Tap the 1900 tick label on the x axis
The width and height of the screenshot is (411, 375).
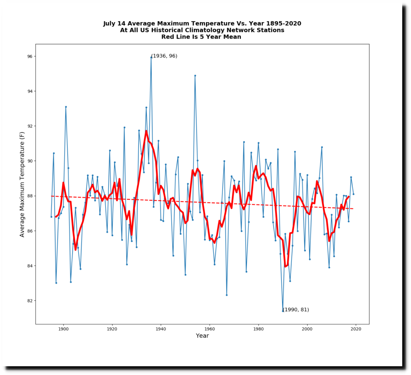tap(63, 329)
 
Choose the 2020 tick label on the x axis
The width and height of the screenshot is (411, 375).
tap(356, 329)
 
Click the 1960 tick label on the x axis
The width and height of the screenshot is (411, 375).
tap(210, 329)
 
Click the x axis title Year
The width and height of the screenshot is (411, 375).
tap(202, 336)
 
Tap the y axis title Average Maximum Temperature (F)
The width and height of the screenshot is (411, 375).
tap(22, 184)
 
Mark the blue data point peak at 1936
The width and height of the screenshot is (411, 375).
tap(151, 57)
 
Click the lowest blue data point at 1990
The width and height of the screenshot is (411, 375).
tap(283, 311)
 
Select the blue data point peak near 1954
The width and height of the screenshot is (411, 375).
tap(195, 75)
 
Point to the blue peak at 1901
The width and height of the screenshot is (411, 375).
tap(66, 107)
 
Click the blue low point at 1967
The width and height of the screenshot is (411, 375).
tap(227, 295)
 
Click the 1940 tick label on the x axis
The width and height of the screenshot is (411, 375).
tap(161, 329)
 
